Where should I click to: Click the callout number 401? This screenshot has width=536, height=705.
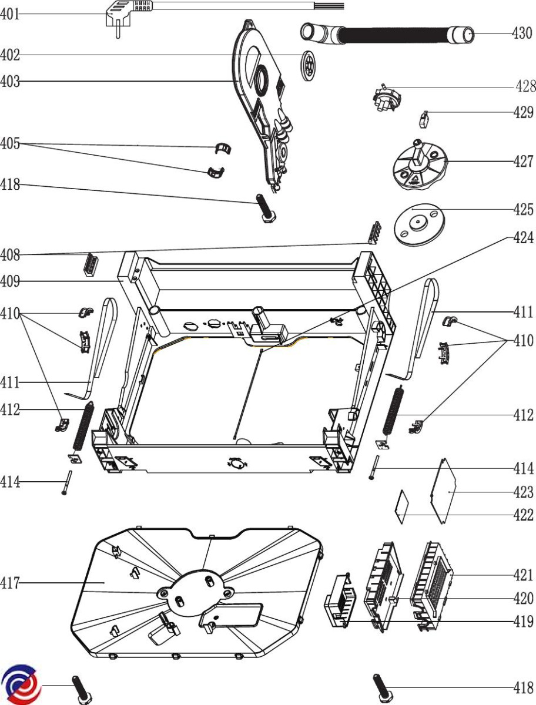pos(10,14)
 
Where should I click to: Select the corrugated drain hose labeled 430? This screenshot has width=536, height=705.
pos(388,34)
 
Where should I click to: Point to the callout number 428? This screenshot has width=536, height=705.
pos(526,86)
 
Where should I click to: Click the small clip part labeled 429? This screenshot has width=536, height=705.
pos(424,119)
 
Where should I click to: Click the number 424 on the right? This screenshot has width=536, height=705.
pos(524,238)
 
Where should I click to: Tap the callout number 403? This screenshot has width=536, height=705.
pos(10,81)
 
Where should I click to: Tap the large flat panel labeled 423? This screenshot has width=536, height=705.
pos(443,491)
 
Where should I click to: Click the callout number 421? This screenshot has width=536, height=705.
pos(524,575)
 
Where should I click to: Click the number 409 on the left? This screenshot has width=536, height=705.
pos(10,281)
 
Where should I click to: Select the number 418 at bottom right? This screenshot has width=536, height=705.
pos(524,688)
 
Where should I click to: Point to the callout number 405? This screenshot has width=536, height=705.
pos(10,143)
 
